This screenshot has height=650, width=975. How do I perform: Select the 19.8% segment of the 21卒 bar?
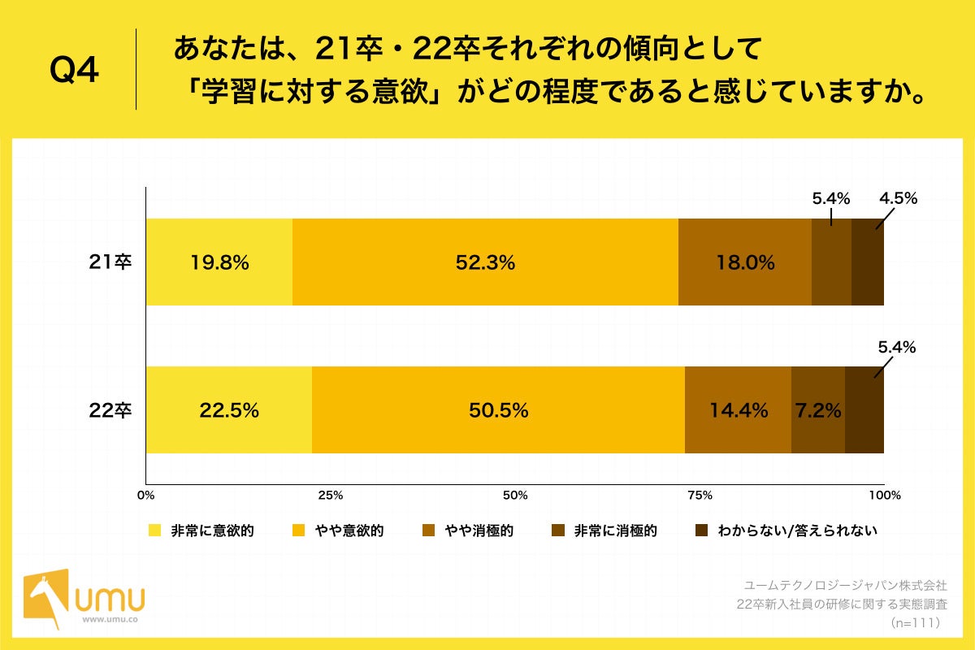pyautogui.click(x=219, y=262)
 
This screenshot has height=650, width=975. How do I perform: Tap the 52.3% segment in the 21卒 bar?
pyautogui.click(x=485, y=262)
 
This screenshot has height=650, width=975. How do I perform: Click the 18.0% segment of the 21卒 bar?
pyautogui.click(x=744, y=262)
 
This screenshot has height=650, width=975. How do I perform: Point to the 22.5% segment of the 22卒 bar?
pyautogui.click(x=228, y=410)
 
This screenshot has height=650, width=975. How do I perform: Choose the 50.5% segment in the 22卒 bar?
pyautogui.click(x=498, y=410)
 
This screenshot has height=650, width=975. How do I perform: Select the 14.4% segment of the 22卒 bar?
pyautogui.click(x=738, y=410)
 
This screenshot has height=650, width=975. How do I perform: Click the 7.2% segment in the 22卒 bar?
pyautogui.click(x=817, y=410)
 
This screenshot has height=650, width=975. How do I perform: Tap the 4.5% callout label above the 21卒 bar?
pyautogui.click(x=897, y=198)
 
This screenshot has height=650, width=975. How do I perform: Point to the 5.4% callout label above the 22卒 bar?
pyautogui.click(x=896, y=347)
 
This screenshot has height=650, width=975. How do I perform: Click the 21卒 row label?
pyautogui.click(x=110, y=262)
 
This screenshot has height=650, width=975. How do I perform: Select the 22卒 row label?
pyautogui.click(x=110, y=410)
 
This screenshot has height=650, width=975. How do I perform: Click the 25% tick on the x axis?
pyautogui.click(x=330, y=495)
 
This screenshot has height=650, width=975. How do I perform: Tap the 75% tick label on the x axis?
pyautogui.click(x=700, y=495)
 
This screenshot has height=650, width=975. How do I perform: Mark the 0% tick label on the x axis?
pyautogui.click(x=146, y=495)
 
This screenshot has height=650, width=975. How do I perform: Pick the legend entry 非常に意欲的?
pyautogui.click(x=203, y=531)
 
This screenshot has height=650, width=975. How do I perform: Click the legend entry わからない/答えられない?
pyautogui.click(x=787, y=531)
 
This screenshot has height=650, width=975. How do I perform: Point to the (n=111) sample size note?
pyautogui.click(x=915, y=622)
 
